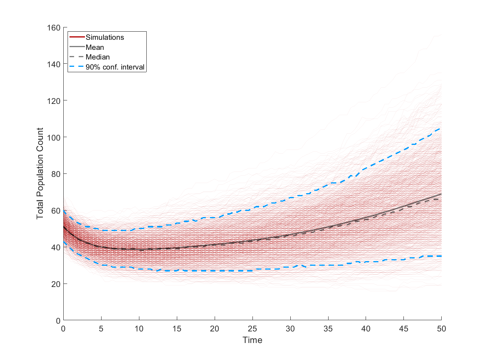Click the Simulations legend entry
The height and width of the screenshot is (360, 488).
click(105, 37)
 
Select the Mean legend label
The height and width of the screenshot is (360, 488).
click(95, 48)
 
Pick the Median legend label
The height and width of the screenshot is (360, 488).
click(98, 57)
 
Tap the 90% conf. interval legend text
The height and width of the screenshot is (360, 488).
click(115, 67)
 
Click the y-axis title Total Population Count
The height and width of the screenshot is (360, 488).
click(40, 173)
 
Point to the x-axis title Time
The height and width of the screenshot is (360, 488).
click(252, 340)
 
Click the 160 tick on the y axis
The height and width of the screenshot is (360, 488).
click(54, 27)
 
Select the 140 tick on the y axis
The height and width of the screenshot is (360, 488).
click(54, 64)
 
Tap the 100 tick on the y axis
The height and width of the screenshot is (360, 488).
click(54, 137)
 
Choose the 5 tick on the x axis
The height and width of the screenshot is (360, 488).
click(101, 328)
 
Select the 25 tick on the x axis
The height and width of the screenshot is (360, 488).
click(252, 328)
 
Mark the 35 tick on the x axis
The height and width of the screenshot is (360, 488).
click(328, 328)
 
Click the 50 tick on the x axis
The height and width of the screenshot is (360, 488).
click(442, 328)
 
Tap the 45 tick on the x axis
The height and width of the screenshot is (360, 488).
click(404, 328)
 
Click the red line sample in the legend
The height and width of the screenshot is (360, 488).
click(77, 37)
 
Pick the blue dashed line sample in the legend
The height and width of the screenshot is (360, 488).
click(77, 67)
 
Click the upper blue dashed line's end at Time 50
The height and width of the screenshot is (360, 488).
click(441, 128)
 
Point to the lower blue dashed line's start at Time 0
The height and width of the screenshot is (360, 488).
click(64, 242)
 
